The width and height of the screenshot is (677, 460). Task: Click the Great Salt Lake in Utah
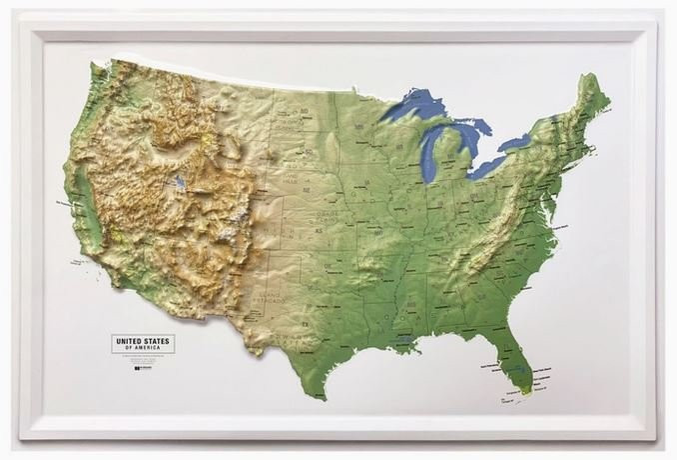[x=179, y=183]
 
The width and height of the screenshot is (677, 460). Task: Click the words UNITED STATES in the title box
[x=142, y=340]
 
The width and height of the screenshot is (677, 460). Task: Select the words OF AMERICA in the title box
[x=142, y=348]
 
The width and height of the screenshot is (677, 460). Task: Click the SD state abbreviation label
[x=295, y=156]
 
